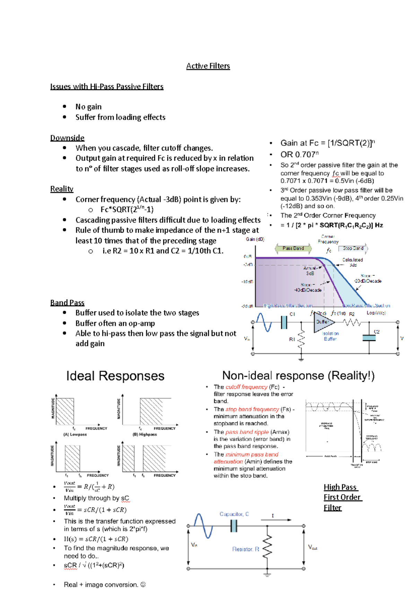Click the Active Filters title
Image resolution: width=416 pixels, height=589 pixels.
coord(208,66)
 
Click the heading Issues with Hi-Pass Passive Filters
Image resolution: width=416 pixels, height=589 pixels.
coord(107,86)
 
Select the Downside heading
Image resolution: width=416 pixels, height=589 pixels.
coord(67,138)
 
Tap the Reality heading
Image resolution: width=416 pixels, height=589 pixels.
coord(62,189)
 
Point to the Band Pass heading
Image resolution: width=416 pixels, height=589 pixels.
coord(67,302)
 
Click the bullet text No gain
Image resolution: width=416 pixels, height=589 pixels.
coord(88,106)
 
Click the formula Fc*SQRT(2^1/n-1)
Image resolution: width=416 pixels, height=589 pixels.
coord(127,209)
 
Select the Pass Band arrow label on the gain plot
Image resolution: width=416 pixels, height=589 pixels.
coord(293,248)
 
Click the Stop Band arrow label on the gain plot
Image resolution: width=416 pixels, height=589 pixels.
coord(353,248)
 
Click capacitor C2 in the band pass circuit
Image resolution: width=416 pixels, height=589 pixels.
coord(369,338)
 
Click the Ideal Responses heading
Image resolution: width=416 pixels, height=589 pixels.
coord(115,376)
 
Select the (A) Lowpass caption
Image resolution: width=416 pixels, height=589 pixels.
coord(75,434)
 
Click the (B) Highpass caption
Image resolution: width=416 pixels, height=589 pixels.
coord(145,434)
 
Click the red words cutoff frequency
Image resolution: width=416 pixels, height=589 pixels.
coord(246,387)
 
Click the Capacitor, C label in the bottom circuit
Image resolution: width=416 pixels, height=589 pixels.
coord(234,514)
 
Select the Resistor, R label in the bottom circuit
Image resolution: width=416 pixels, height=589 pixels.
coord(245,549)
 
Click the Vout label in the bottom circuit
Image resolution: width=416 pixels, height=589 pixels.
coord(312,547)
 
